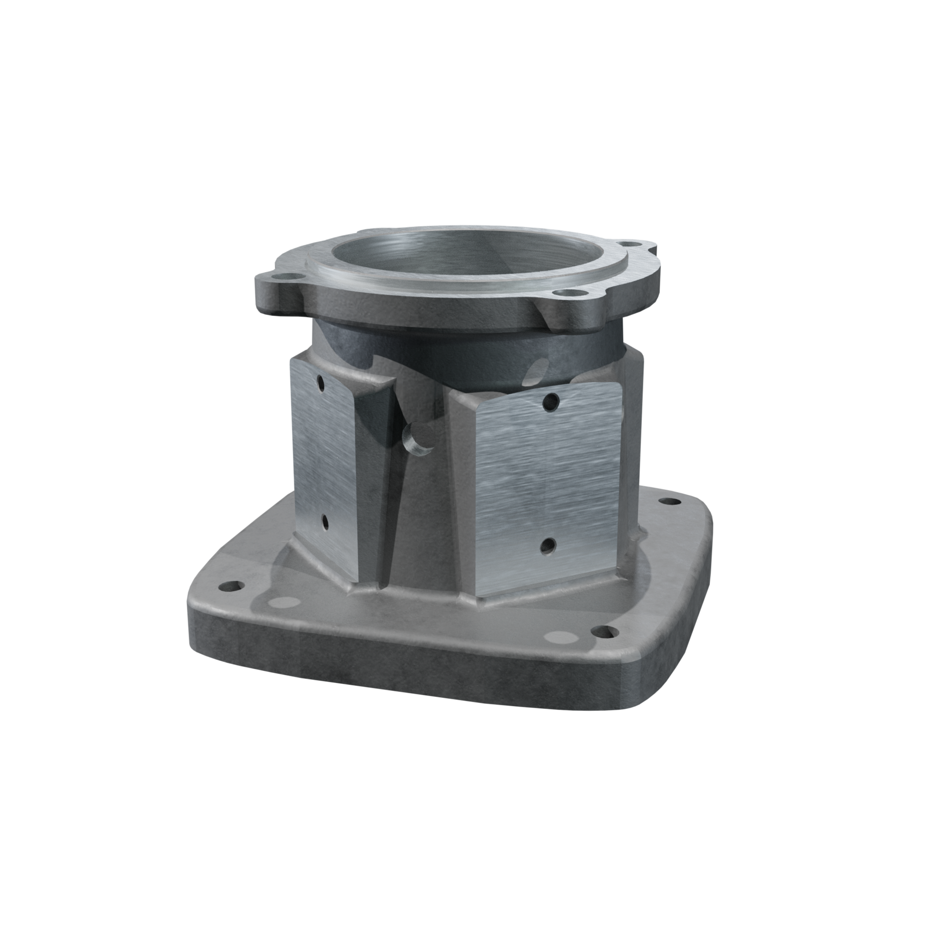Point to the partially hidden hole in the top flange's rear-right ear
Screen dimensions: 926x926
[637, 243]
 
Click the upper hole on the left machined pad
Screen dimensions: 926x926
[321, 384]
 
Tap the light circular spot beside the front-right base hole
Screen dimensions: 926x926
[560, 635]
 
